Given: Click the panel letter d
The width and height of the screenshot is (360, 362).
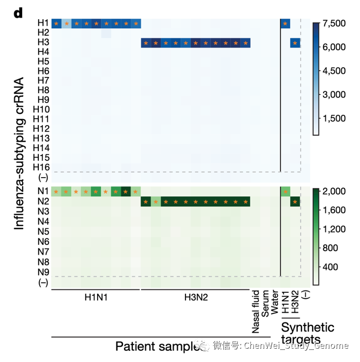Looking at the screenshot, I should (x=18, y=13).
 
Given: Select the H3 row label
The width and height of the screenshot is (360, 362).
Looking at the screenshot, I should (x=43, y=42).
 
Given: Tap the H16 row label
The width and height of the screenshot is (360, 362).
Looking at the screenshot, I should (x=41, y=167).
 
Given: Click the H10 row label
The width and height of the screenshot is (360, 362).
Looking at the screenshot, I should (x=41, y=109).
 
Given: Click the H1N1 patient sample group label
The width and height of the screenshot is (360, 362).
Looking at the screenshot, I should (x=97, y=297).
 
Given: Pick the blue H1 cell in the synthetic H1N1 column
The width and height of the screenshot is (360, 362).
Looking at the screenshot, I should (x=285, y=24).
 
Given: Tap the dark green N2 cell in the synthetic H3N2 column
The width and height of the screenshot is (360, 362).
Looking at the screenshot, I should (x=295, y=202).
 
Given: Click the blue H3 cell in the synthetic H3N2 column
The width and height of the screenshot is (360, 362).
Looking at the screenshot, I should (x=295, y=43).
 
